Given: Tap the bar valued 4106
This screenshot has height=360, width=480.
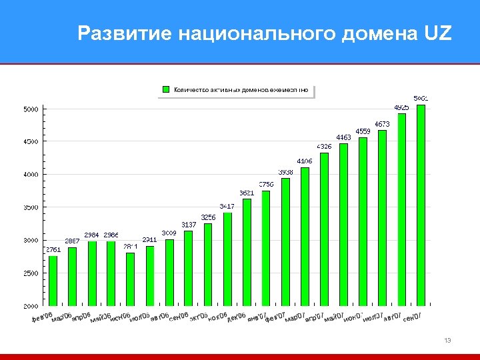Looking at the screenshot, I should click(305, 237).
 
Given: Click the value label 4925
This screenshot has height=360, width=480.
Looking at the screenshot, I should click(401, 107).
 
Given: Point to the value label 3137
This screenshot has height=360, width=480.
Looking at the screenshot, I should click(189, 225).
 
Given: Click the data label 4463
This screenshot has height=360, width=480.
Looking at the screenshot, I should click(343, 137).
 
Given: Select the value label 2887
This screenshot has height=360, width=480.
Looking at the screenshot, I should click(72, 241).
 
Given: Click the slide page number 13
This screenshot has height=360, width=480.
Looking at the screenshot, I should click(447, 341).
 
